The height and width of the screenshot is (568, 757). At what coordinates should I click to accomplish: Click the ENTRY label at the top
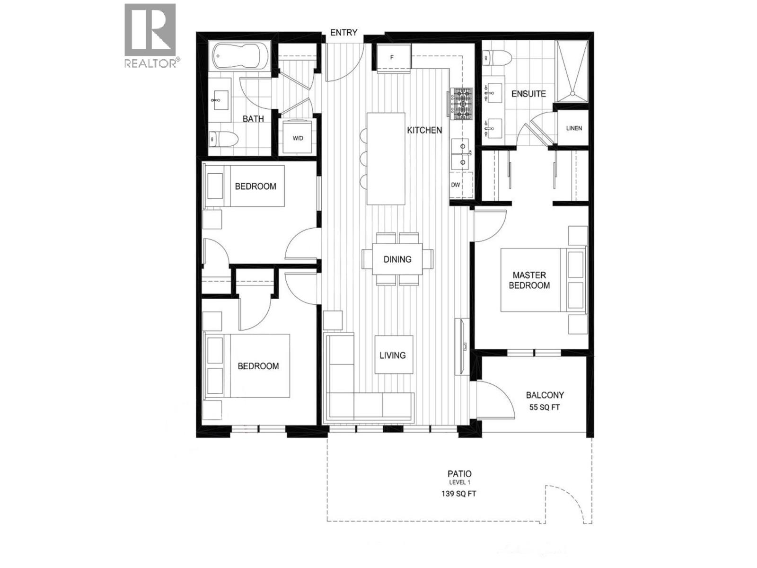343,33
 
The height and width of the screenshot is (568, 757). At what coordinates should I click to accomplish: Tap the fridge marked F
392,58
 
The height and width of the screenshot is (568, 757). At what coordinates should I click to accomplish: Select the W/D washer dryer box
298,138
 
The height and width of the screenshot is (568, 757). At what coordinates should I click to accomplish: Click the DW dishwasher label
456,185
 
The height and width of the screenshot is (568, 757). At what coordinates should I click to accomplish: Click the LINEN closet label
574,128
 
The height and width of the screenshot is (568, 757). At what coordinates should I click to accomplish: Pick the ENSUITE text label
528,94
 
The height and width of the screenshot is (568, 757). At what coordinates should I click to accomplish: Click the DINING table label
397,259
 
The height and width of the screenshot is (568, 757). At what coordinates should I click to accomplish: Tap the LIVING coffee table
393,355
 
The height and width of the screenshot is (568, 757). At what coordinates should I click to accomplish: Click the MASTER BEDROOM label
529,280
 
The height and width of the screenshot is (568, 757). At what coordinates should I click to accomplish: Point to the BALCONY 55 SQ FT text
545,400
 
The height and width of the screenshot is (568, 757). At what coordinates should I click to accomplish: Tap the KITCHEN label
424,130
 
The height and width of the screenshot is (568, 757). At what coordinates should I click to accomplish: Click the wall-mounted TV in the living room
460,346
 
